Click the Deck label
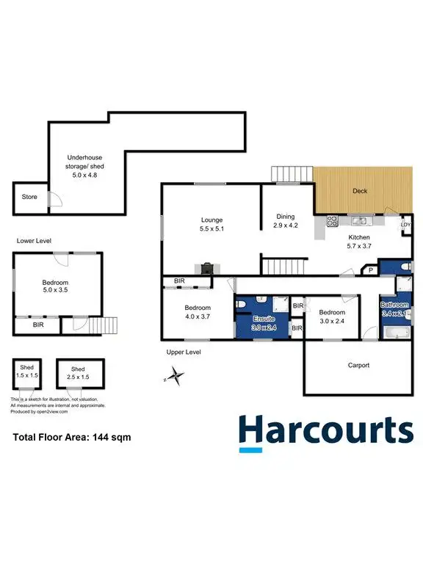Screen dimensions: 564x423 [x=359, y=191]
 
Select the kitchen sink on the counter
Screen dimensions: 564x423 [x=360, y=220]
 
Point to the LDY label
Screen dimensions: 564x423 [x=405, y=226]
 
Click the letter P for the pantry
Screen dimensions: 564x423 [x=371, y=270]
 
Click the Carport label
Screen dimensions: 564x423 [x=358, y=365]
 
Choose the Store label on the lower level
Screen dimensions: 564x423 [x=29, y=197]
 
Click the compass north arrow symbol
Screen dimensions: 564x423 [x=174, y=377]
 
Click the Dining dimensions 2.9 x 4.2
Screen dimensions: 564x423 [x=285, y=226]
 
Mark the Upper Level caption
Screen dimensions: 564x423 [x=184, y=352]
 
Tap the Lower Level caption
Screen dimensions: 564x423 [x=34, y=241]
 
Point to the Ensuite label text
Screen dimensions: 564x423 [x=263, y=319]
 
